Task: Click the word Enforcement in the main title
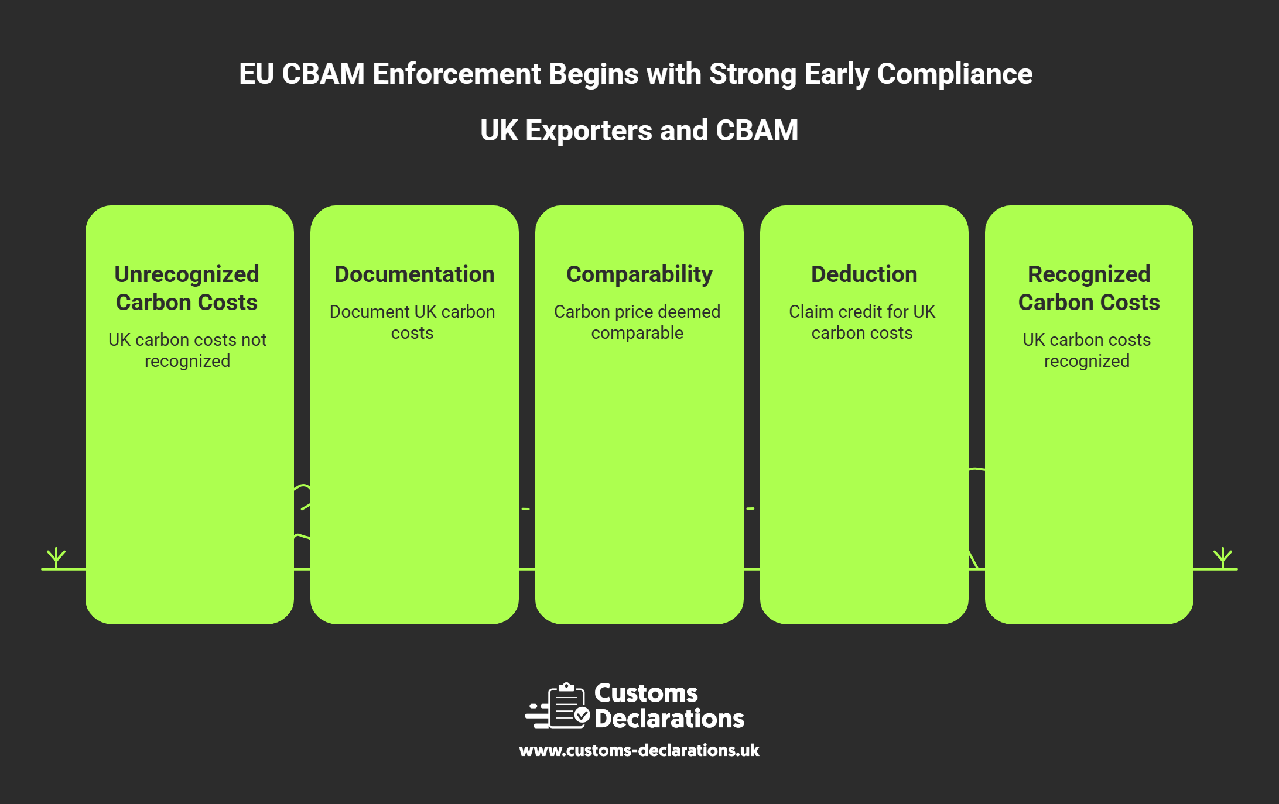(x=456, y=74)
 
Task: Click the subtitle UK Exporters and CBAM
(x=639, y=130)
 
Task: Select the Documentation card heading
(x=414, y=274)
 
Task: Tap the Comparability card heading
(x=639, y=274)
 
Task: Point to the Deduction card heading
(x=864, y=274)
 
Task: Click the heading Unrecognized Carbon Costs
(x=187, y=288)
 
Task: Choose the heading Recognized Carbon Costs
(x=1089, y=288)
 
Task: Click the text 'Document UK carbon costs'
(x=412, y=322)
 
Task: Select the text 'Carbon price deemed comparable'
(x=637, y=322)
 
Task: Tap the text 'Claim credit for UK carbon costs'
(x=862, y=322)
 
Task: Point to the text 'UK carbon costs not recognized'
(x=187, y=350)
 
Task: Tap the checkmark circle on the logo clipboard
(x=582, y=714)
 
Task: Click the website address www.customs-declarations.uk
(x=639, y=750)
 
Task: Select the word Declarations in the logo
(x=669, y=719)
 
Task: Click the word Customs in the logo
(x=646, y=693)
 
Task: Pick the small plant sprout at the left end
(x=56, y=557)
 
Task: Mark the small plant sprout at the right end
(x=1223, y=557)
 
